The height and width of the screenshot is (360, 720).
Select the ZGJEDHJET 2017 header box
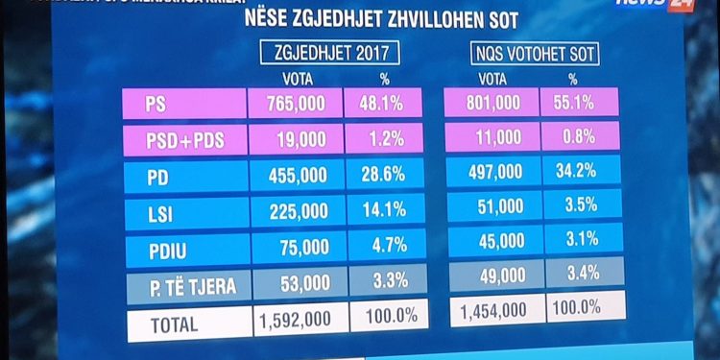click(x=331, y=54)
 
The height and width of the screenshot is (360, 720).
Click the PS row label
click(x=181, y=103)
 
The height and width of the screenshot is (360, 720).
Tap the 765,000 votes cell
click(x=294, y=103)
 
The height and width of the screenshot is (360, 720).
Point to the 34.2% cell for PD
click(x=579, y=172)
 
